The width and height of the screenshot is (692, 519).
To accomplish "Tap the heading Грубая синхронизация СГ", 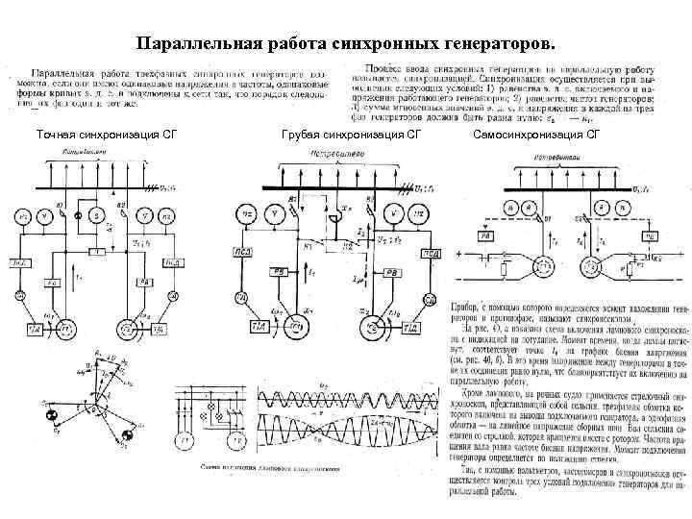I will point(352,135).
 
